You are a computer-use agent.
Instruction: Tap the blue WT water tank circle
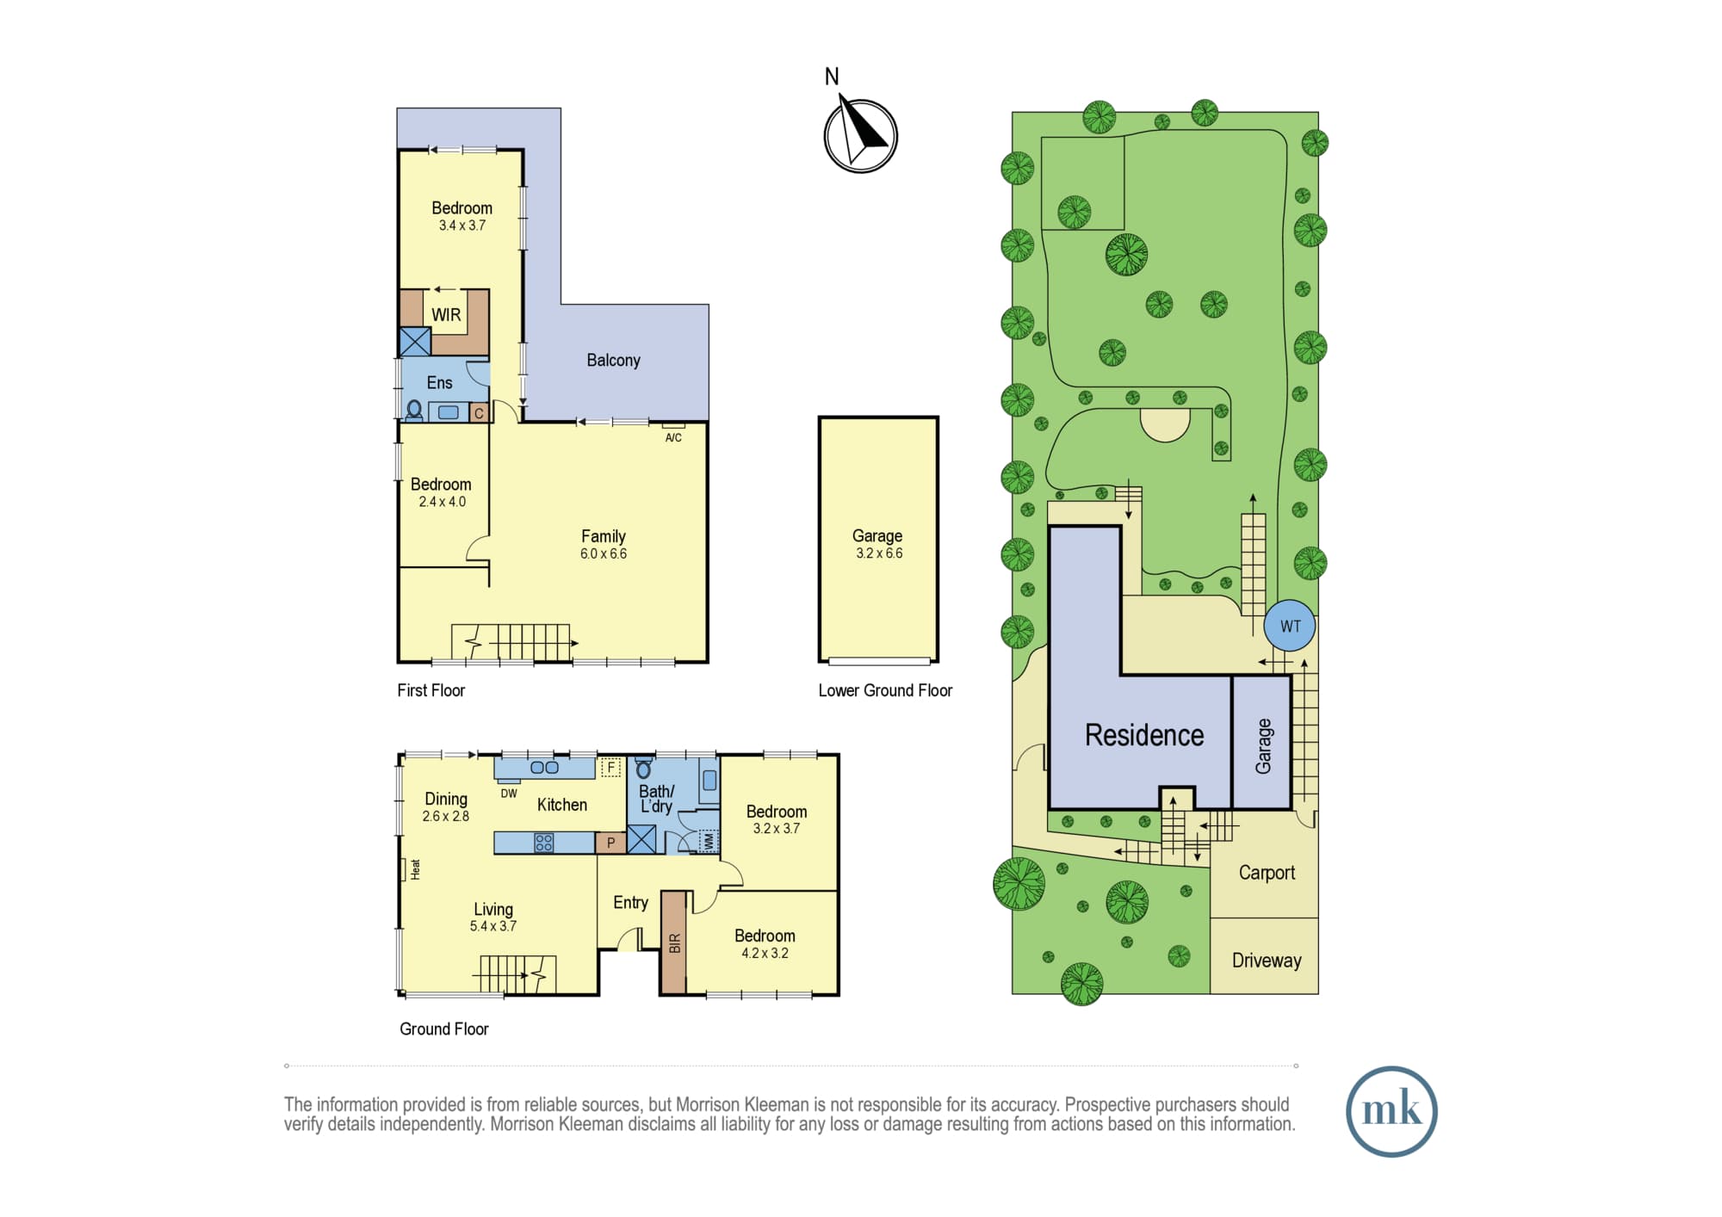pyautogui.click(x=1290, y=626)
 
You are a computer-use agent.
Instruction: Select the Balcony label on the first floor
pyautogui.click(x=613, y=360)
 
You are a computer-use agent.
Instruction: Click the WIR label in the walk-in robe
pyautogui.click(x=446, y=315)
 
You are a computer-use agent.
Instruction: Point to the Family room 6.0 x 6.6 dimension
pyautogui.click(x=604, y=553)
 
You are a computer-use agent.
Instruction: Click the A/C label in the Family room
pyautogui.click(x=673, y=437)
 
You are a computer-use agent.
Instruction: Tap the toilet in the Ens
pyautogui.click(x=414, y=411)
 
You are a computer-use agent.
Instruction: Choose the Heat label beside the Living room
pyautogui.click(x=415, y=868)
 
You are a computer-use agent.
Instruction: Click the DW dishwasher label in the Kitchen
pyautogui.click(x=509, y=794)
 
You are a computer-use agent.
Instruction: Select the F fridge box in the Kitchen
pyautogui.click(x=610, y=767)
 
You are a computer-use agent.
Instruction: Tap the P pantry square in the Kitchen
pyautogui.click(x=610, y=843)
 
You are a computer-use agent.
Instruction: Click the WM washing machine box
pyautogui.click(x=709, y=841)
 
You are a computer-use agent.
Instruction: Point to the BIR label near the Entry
pyautogui.click(x=675, y=943)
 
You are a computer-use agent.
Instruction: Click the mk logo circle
pyautogui.click(x=1391, y=1111)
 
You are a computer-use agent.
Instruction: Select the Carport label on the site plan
pyautogui.click(x=1267, y=873)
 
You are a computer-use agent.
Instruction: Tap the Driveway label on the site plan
pyautogui.click(x=1267, y=961)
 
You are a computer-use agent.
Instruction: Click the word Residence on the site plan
pyautogui.click(x=1144, y=735)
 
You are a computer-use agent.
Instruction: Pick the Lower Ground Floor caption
pyautogui.click(x=885, y=690)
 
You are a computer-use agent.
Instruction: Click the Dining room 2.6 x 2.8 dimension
pyautogui.click(x=446, y=816)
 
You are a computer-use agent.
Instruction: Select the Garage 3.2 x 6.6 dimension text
pyautogui.click(x=879, y=553)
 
